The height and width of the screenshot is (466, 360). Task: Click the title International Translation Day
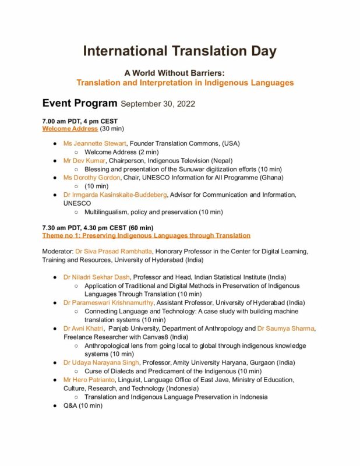point(179,51)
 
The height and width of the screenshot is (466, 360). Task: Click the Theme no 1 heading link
point(146,235)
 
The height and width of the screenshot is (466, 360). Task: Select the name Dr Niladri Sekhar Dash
point(97,277)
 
